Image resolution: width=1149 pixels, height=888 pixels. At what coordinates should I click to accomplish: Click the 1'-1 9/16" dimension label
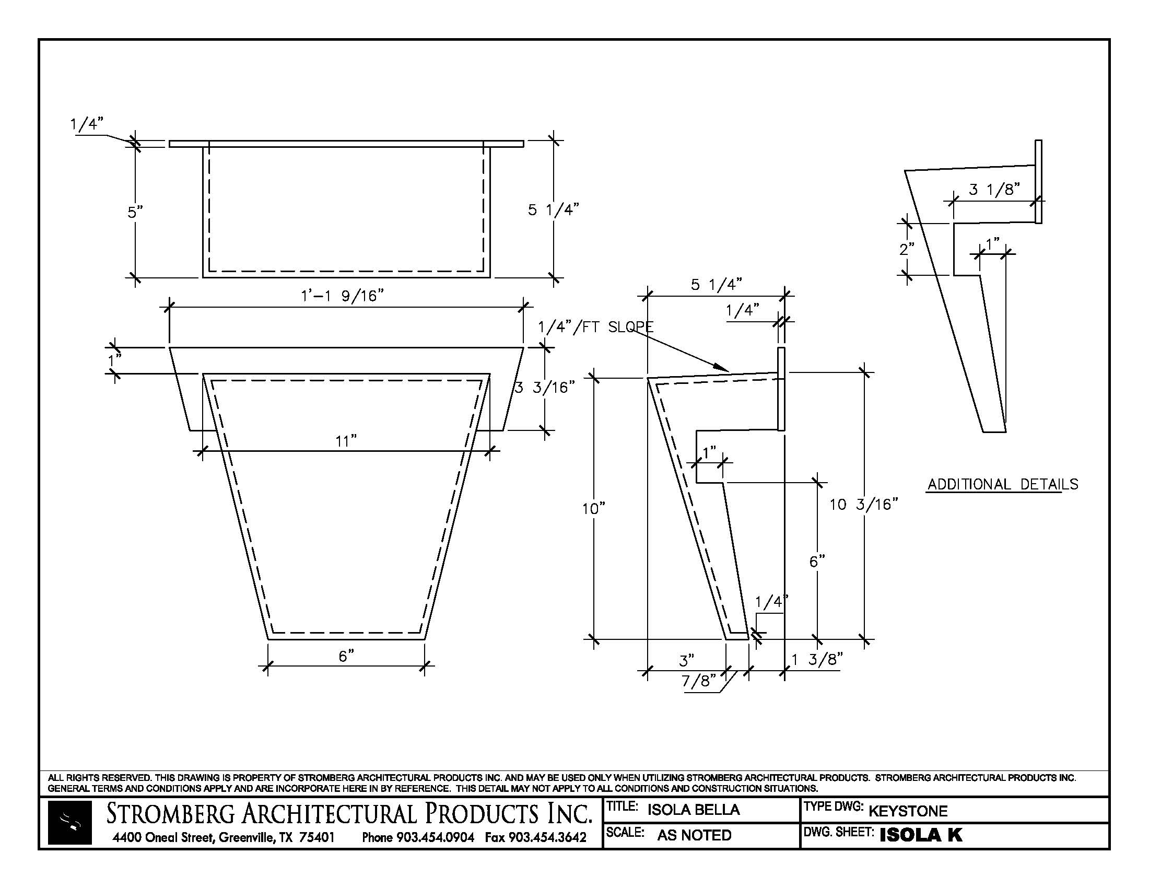(342, 296)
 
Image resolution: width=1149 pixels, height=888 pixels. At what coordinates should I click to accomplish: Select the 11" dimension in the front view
(346, 441)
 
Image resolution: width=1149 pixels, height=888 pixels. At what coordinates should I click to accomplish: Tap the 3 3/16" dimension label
(545, 388)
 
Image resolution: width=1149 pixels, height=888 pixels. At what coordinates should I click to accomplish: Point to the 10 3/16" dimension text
(863, 505)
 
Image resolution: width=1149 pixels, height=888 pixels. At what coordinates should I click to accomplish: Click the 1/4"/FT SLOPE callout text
(595, 327)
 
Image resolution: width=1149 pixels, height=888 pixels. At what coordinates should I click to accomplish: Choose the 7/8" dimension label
(699, 681)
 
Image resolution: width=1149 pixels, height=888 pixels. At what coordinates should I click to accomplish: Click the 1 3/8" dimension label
(817, 659)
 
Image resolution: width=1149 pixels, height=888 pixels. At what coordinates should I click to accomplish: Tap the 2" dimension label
(907, 249)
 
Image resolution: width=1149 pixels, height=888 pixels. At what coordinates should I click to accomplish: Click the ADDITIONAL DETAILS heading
(1003, 485)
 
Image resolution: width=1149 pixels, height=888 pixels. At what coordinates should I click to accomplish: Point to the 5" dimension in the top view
(135, 213)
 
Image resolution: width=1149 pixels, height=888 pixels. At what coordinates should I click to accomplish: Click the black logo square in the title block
(70, 823)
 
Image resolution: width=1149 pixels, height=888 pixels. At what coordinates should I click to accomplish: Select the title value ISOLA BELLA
(694, 810)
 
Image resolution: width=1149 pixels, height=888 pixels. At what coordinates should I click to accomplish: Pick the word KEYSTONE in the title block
(908, 811)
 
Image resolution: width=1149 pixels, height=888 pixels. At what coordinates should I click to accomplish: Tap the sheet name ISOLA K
(921, 835)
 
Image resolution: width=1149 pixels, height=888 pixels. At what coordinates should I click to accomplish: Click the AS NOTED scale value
(695, 835)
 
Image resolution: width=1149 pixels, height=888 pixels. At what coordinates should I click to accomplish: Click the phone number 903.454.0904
(435, 837)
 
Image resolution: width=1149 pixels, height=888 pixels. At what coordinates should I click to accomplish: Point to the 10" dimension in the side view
(593, 509)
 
